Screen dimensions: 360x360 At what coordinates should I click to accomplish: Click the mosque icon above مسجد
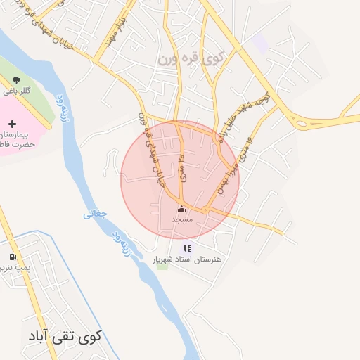pos(181,209)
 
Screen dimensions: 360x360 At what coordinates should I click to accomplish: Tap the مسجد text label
pos(182,220)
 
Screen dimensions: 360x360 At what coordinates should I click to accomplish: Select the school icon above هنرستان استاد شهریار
pos(186,248)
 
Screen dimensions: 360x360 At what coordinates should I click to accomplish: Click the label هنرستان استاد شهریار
pos(187,259)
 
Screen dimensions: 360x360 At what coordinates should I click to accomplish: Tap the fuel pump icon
pos(12,257)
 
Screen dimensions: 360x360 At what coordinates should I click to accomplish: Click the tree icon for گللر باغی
pos(15,80)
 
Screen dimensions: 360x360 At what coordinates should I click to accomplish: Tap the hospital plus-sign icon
pos(12,124)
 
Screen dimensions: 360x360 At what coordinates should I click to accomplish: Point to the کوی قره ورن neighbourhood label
pos(191,59)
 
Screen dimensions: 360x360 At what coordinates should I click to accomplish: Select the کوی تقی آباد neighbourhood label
pos(65,335)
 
